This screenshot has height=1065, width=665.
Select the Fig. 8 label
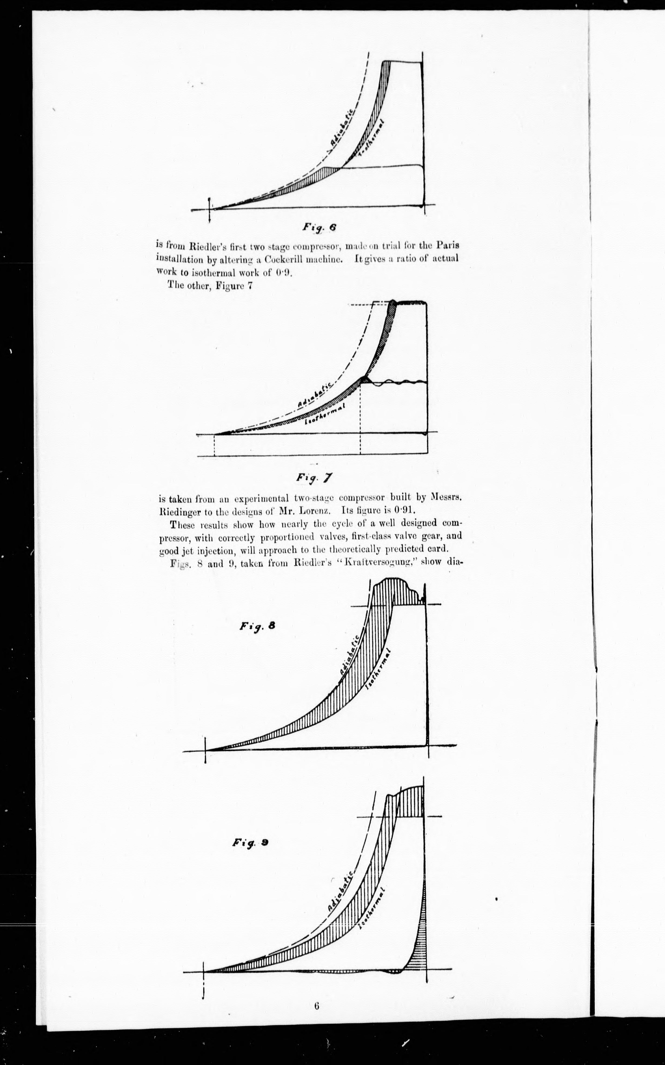tap(257, 626)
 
